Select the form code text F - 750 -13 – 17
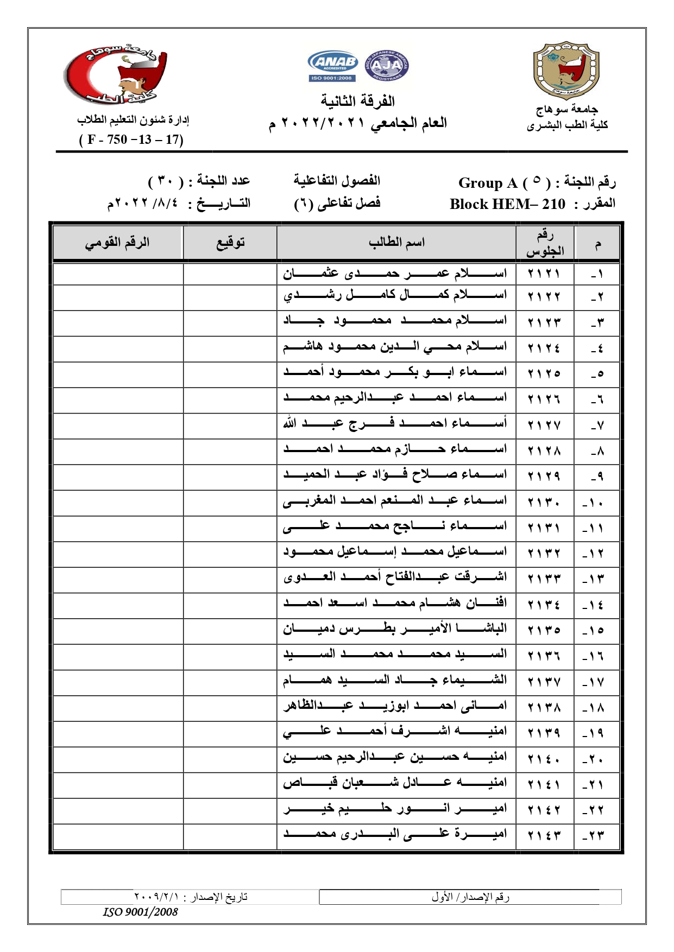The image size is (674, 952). point(131,140)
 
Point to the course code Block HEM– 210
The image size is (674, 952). point(507,205)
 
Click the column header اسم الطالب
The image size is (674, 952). point(396,243)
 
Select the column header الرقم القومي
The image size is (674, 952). point(117,243)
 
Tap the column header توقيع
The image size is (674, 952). point(230,243)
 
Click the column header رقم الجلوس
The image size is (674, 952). point(545,243)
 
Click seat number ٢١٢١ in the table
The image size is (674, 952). point(544,273)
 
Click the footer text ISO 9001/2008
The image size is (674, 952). point(140,912)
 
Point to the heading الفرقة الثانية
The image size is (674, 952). point(358,101)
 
